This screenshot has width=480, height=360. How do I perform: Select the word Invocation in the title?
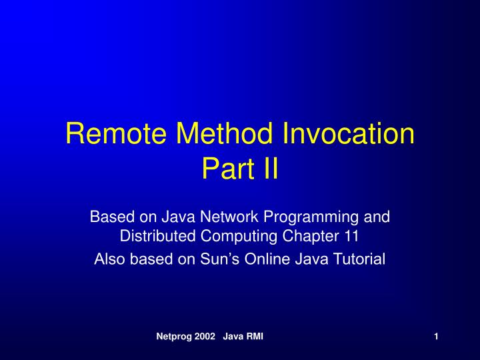tap(347, 134)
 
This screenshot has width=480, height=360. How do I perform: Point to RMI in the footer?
tap(253, 337)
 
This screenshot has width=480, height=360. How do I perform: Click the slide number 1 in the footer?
tap(435, 337)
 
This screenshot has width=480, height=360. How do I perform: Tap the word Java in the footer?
tap(233, 337)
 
